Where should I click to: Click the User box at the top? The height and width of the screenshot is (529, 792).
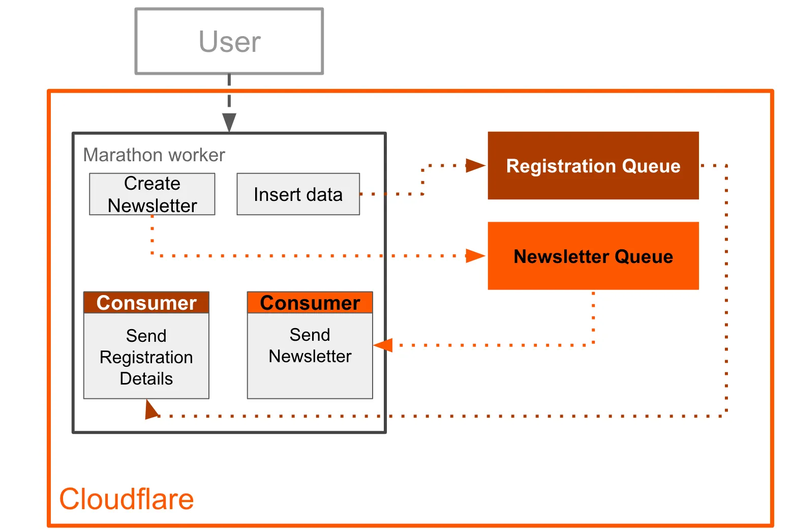pos(229,41)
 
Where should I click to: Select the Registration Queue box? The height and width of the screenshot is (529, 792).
pos(593,166)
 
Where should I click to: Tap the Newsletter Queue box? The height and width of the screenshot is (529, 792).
pos(593,256)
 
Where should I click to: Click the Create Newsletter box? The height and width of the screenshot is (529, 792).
pos(152,194)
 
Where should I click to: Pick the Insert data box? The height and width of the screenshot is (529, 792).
pos(298,194)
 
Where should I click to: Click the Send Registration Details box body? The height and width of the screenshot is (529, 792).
pos(146,356)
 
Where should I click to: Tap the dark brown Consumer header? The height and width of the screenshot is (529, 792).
pos(146,303)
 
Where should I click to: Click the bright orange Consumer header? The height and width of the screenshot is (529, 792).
pos(310,303)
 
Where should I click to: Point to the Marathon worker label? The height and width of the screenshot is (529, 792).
pos(154,155)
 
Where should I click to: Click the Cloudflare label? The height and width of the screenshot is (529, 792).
pos(127,498)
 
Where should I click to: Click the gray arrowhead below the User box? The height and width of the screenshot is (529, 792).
pos(229,123)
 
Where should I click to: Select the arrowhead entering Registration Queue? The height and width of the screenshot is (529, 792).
pos(475,165)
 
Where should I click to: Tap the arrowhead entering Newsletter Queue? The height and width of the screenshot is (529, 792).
pos(475,255)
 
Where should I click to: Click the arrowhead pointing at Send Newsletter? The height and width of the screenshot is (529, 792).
pos(384,345)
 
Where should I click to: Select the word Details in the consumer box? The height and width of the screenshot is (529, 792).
pos(146,378)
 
